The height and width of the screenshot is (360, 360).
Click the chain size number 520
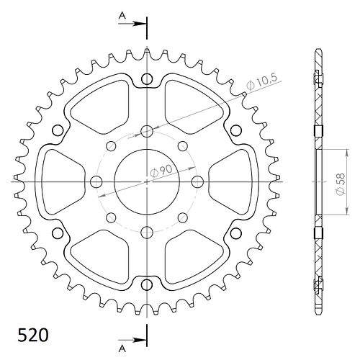tap(33, 335)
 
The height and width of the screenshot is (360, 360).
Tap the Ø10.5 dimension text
tap(261, 82)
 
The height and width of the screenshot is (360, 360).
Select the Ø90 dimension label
tap(161, 171)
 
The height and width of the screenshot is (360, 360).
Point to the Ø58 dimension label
tap(341, 184)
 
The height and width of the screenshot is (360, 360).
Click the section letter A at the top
tap(122, 16)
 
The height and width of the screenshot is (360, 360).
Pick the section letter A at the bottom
tap(122, 348)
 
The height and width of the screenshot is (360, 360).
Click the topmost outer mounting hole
tap(147, 79)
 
